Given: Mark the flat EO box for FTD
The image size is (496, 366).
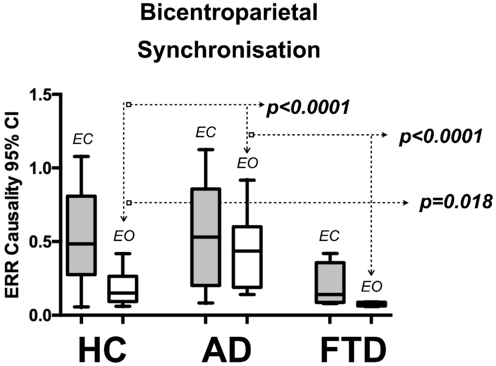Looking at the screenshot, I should (x=371, y=304).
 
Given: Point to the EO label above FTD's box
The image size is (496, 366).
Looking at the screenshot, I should (x=371, y=287).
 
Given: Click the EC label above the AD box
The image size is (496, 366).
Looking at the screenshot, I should (x=206, y=132).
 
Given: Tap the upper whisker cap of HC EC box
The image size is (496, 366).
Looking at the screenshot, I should (x=81, y=157).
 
